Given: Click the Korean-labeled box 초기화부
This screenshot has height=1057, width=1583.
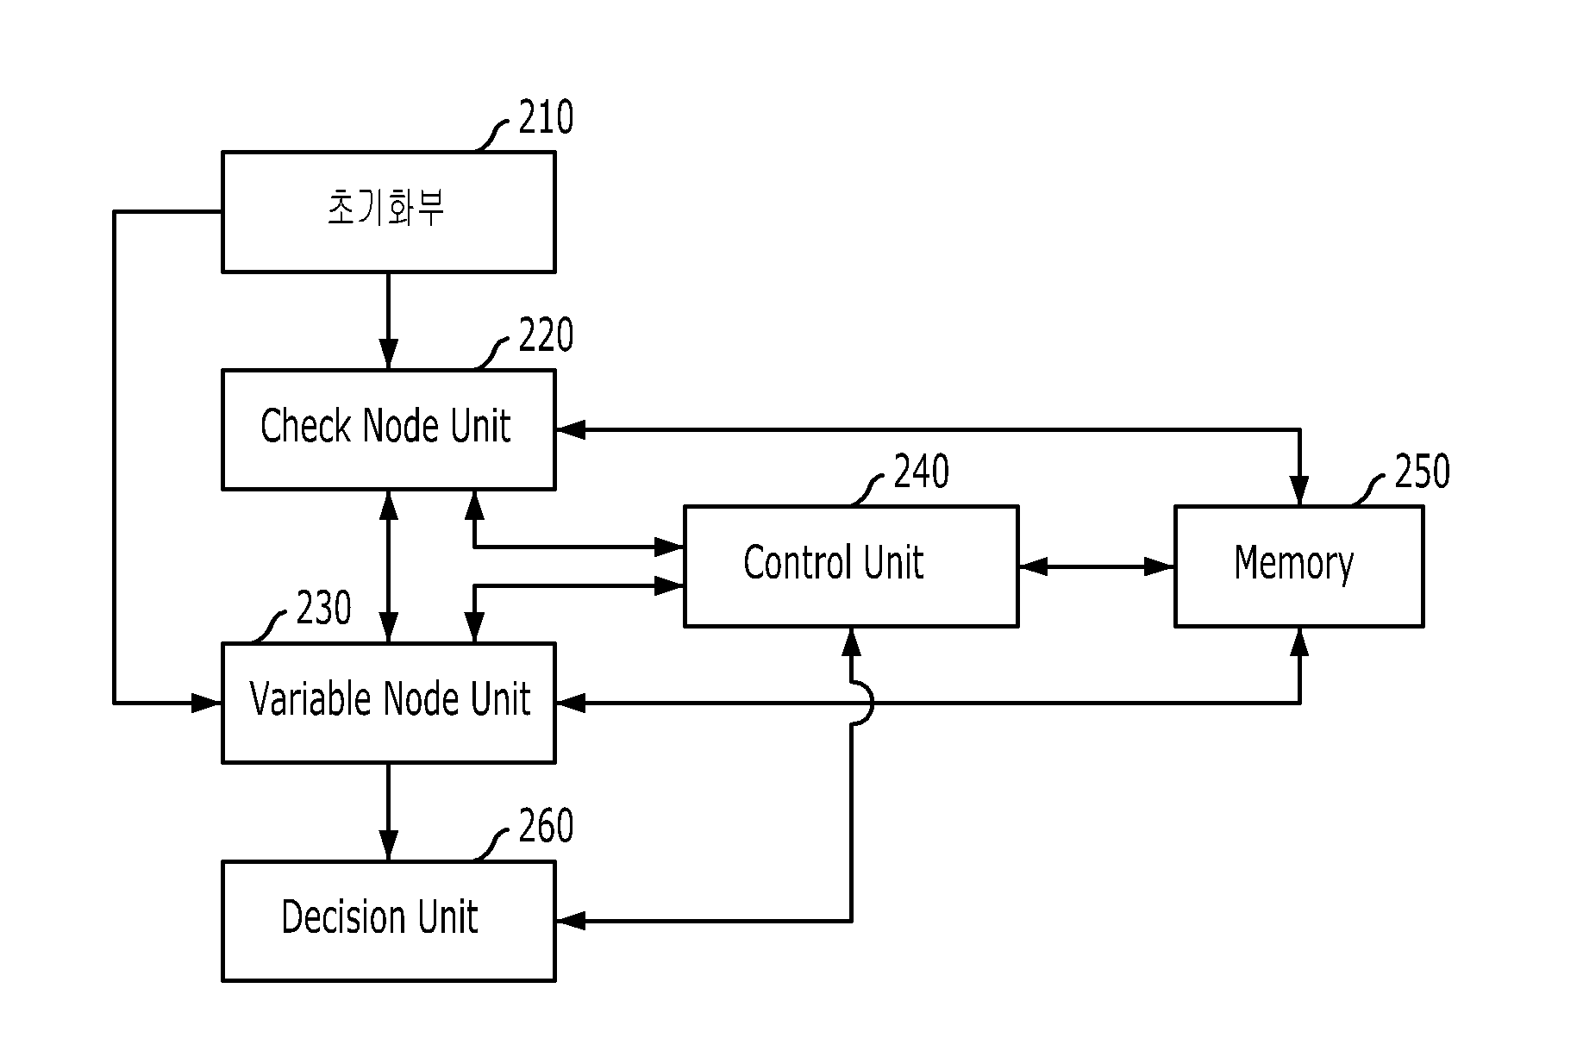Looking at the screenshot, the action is click(x=389, y=212).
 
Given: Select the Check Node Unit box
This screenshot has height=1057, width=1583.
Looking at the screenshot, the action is click(x=389, y=430).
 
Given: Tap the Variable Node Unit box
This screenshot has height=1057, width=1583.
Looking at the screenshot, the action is click(x=389, y=703).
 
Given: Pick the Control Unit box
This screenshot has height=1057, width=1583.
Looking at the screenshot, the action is click(x=851, y=566).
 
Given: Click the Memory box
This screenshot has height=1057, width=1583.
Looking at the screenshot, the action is click(x=1298, y=566).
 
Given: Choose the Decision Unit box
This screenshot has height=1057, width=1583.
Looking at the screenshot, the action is click(x=389, y=921).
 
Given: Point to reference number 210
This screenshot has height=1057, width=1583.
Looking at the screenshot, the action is click(x=546, y=117).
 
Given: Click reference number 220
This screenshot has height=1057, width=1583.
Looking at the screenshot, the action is click(x=546, y=335).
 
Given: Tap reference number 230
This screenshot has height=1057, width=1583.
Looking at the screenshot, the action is click(x=323, y=609).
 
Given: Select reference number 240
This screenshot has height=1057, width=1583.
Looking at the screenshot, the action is click(x=922, y=472).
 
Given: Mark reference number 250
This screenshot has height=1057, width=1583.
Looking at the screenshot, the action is click(x=1423, y=472).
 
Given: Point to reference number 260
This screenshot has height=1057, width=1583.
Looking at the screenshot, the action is click(x=546, y=826).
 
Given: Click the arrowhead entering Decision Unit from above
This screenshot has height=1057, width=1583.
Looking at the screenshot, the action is click(x=389, y=846).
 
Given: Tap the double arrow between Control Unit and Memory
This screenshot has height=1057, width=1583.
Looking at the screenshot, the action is click(x=1097, y=566).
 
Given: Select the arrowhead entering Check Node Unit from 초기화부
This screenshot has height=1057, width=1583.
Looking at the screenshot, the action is click(x=389, y=354).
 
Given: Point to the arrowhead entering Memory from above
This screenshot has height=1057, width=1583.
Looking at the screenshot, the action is click(x=1298, y=491).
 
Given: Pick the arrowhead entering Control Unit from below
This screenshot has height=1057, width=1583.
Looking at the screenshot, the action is click(x=851, y=642).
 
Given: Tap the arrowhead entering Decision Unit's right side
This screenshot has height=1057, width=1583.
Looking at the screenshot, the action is click(x=571, y=921).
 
